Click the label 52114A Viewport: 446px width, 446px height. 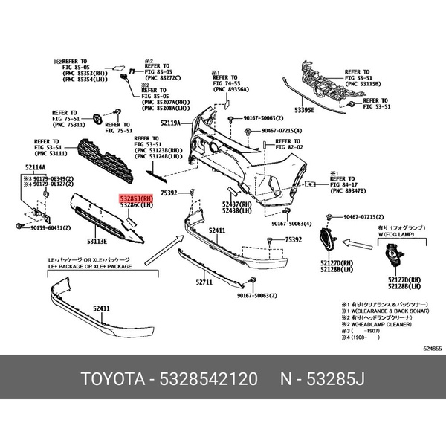[x=35, y=169]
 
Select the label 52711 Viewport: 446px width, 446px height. [x=204, y=282]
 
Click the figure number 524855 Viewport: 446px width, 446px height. [x=432, y=349]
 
